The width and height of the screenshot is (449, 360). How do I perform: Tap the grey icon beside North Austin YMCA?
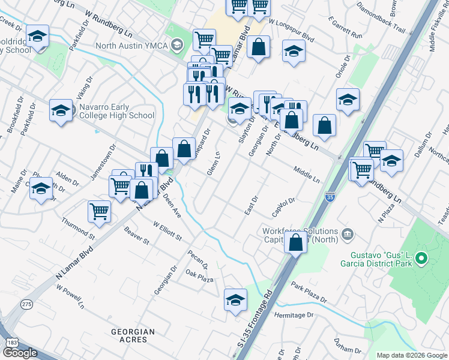[x=176, y=45]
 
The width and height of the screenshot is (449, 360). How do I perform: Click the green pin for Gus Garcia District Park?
[x=421, y=259]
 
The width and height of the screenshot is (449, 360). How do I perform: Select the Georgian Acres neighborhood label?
[x=133, y=335]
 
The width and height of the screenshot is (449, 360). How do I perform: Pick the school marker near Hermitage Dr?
[x=236, y=300]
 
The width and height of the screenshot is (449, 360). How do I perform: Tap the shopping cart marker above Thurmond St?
[x=99, y=211]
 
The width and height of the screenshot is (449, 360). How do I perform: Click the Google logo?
[x=19, y=353]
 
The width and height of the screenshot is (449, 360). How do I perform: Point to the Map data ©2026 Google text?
[x=411, y=355]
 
